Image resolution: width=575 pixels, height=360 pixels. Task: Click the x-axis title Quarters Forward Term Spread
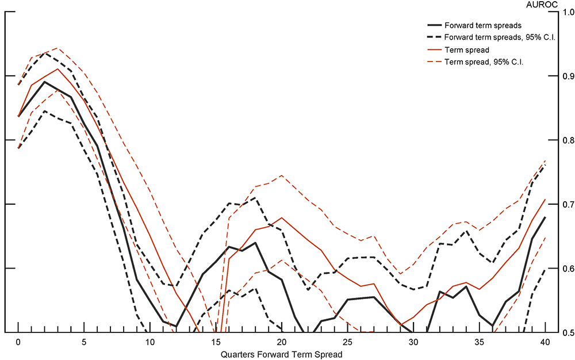281,354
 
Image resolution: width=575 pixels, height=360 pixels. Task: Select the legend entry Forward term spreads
482,26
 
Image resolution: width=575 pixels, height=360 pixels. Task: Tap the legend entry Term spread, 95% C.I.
483,62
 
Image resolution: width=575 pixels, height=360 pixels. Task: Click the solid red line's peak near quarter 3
57,69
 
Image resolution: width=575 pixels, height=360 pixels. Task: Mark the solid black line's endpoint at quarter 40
544,217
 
